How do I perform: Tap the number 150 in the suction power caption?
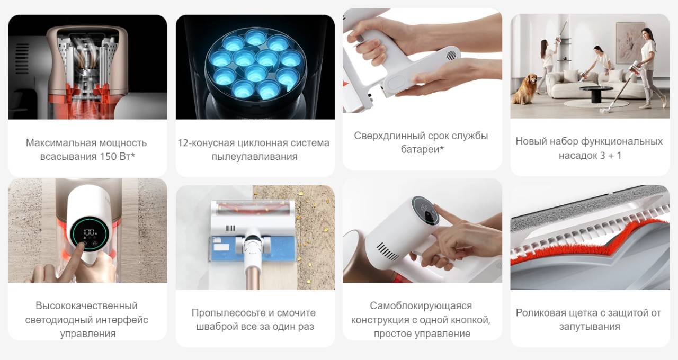(x=109, y=156)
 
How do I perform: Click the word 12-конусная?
(x=206, y=143)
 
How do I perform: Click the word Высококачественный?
(x=86, y=305)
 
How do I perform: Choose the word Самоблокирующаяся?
(x=421, y=305)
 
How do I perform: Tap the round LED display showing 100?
(x=89, y=233)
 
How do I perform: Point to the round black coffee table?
(x=596, y=93)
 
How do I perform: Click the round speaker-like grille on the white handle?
(x=451, y=55)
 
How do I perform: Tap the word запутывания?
(x=590, y=327)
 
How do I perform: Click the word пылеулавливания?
(x=255, y=156)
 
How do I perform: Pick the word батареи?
(x=421, y=149)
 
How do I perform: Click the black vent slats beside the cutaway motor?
(x=22, y=58)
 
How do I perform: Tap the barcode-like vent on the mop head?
(x=230, y=228)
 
